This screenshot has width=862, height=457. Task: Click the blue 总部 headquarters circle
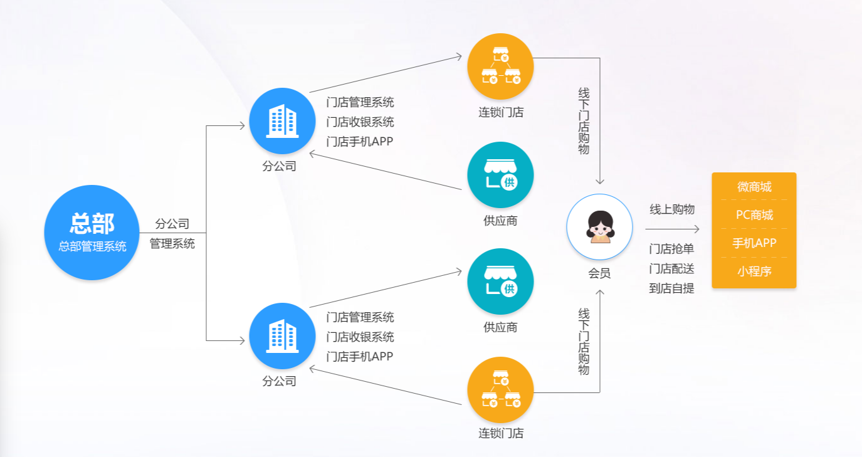tap(92, 233)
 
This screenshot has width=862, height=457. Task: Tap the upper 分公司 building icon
tap(282, 121)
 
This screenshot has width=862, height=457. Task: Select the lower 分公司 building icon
tap(282, 336)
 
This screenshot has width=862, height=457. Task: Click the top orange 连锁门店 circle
tap(500, 66)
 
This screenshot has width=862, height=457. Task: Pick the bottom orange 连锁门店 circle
tap(500, 390)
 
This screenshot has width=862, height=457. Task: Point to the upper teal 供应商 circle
tap(500, 175)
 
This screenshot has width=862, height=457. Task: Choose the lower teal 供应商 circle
tap(500, 281)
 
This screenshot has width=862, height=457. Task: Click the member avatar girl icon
tap(599, 227)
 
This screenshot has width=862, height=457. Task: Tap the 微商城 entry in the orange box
tap(754, 187)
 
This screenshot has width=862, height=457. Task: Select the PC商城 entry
tap(754, 214)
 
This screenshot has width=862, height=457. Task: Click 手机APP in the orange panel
tap(754, 243)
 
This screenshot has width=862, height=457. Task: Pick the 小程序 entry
tap(754, 271)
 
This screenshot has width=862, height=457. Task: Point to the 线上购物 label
tap(672, 209)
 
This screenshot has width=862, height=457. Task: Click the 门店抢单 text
tap(671, 249)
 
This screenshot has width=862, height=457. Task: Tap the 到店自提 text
tap(671, 288)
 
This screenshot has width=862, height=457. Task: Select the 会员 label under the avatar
tap(599, 273)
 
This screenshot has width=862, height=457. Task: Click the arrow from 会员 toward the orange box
tap(672, 229)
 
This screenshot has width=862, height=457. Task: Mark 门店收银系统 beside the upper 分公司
tap(360, 122)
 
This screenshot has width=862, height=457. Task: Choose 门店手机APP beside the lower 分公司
tap(359, 357)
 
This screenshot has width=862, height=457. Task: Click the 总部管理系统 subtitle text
tap(92, 246)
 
